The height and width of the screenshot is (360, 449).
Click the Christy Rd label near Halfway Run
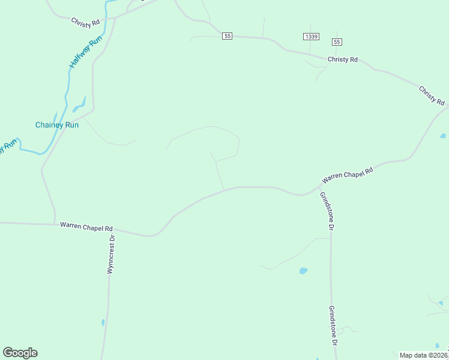click(x=85, y=23)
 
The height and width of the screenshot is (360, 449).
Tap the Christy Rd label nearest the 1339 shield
click(x=343, y=59)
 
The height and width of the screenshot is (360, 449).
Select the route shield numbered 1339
click(x=311, y=37)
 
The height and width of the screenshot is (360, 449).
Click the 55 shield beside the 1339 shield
click(x=336, y=41)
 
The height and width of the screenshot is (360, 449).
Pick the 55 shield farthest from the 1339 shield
click(x=226, y=36)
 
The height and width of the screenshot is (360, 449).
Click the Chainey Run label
click(x=57, y=125)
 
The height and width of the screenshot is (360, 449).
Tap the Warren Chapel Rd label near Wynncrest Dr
click(x=86, y=227)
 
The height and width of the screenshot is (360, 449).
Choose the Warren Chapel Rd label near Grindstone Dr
click(x=348, y=174)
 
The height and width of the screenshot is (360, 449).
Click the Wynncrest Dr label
click(x=110, y=254)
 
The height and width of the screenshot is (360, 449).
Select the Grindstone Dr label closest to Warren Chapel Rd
click(x=326, y=211)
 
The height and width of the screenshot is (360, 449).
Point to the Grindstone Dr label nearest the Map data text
click(x=332, y=325)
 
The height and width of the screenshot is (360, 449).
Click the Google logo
click(x=20, y=353)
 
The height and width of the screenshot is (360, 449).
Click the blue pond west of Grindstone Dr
click(x=303, y=271)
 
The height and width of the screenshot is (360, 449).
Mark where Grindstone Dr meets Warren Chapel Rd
click(x=318, y=188)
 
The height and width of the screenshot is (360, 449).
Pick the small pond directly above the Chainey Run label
click(x=78, y=107)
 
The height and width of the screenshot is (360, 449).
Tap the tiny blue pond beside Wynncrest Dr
click(x=103, y=323)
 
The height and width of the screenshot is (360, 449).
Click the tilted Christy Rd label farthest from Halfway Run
click(x=432, y=95)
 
